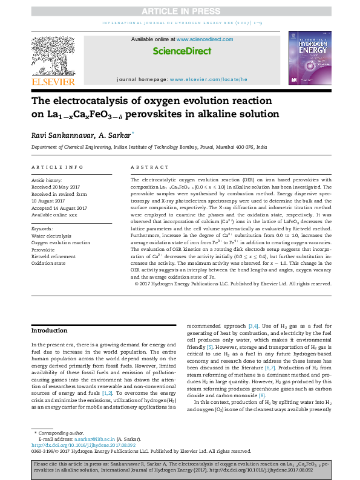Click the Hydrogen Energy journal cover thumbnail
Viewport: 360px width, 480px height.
[309, 58]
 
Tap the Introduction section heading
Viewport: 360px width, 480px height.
[50, 331]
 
